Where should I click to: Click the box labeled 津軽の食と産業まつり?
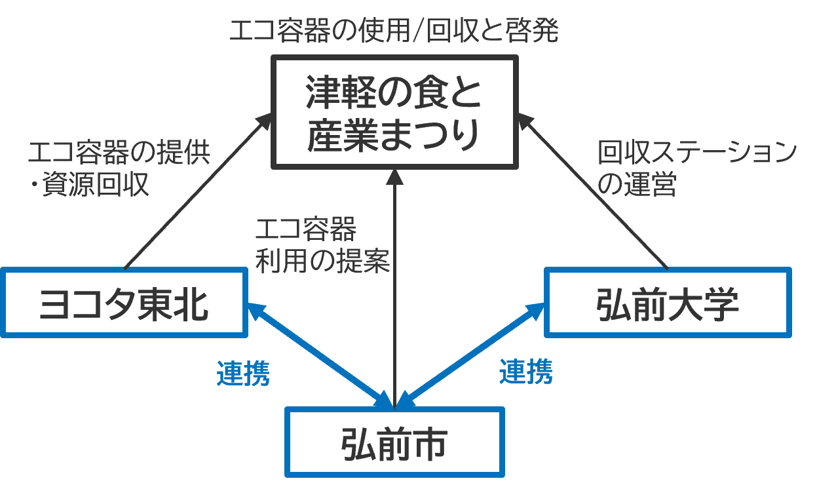[394, 112]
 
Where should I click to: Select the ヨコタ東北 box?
[124, 303]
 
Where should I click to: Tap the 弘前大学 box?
[668, 302]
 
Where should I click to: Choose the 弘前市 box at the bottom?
[394, 442]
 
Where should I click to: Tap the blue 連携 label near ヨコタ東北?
[243, 374]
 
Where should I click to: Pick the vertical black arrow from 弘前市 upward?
[394, 288]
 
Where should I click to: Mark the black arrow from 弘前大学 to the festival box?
[596, 191]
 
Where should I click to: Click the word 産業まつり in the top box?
[394, 135]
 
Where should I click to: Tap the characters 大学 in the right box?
[704, 303]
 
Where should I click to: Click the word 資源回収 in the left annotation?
[96, 186]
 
